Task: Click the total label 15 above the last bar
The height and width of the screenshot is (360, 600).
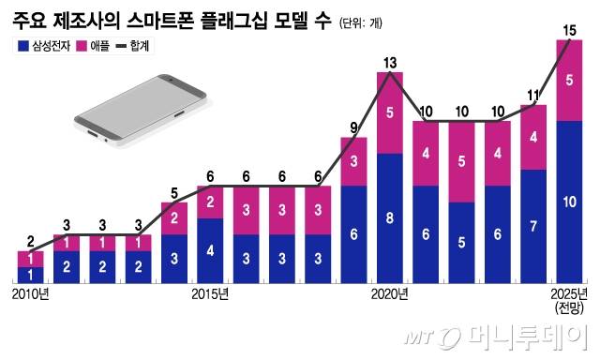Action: point(569,31)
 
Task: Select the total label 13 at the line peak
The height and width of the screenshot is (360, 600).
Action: point(390,63)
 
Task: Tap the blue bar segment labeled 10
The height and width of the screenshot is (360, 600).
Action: point(570,202)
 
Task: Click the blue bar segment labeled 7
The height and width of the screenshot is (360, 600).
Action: point(533,226)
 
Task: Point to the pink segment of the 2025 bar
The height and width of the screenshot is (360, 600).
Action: point(570,81)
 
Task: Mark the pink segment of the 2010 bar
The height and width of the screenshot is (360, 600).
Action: point(30,259)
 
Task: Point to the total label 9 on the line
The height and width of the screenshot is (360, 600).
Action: point(353,127)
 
